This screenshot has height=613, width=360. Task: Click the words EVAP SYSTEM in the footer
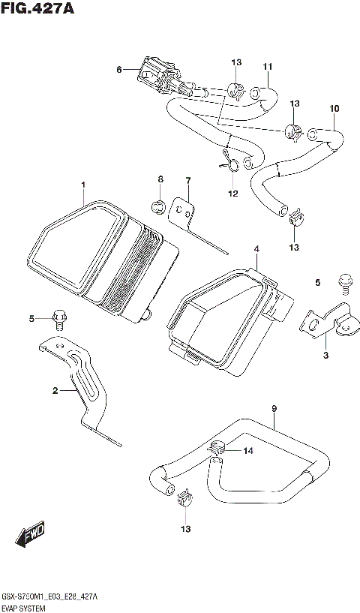27,604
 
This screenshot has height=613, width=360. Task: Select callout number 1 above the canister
83,185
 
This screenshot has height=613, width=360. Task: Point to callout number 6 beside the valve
118,70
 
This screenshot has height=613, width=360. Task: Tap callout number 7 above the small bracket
188,180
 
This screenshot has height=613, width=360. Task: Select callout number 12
232,194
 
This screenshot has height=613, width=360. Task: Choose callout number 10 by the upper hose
334,109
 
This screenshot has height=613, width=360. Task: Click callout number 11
266,68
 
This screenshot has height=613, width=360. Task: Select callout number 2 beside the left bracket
55,391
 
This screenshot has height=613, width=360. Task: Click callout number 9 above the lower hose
274,409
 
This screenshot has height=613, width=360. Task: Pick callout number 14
248,451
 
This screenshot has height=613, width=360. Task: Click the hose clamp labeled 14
218,449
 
